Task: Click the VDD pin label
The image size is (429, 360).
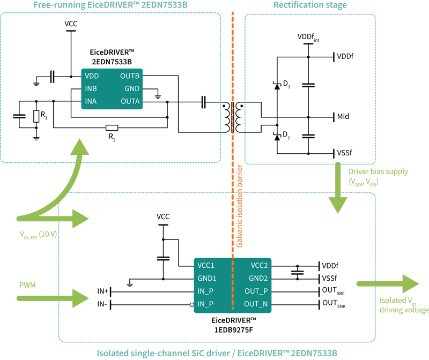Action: pos(92,76)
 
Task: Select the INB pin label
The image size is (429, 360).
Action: pos(91,88)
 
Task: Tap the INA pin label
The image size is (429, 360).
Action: pos(91,101)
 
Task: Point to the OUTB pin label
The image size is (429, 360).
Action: pos(130,76)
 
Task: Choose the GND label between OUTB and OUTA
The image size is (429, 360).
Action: pos(132,88)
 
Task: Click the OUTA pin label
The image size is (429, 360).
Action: pos(130,101)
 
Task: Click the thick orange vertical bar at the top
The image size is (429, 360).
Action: pos(232,48)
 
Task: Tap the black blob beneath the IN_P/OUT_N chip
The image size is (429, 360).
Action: pos(233,327)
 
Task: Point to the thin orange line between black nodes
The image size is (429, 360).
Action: pos(233,115)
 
